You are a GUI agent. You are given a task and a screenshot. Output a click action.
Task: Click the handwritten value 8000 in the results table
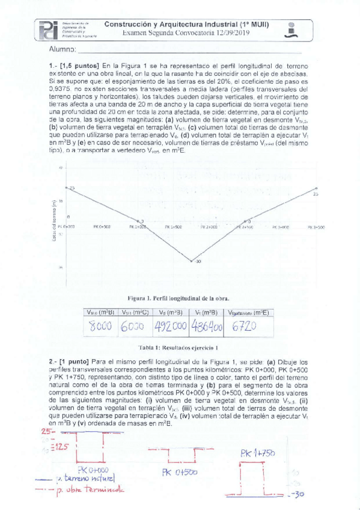[100, 326]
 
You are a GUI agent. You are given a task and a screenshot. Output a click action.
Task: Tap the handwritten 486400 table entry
[206, 326]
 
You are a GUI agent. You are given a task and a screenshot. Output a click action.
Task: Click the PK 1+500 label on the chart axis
[174, 227]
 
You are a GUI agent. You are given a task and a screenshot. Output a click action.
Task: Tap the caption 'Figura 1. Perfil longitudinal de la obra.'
[178, 298]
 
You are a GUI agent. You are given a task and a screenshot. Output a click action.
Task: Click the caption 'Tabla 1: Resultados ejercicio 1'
[178, 348]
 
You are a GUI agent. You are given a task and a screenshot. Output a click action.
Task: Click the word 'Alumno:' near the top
[63, 49]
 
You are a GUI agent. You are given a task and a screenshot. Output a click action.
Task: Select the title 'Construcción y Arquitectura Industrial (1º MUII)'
[186, 24]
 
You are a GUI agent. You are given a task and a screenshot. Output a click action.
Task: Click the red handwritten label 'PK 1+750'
[258, 452]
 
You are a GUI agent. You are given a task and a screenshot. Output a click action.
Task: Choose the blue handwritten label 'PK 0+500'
[180, 473]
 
